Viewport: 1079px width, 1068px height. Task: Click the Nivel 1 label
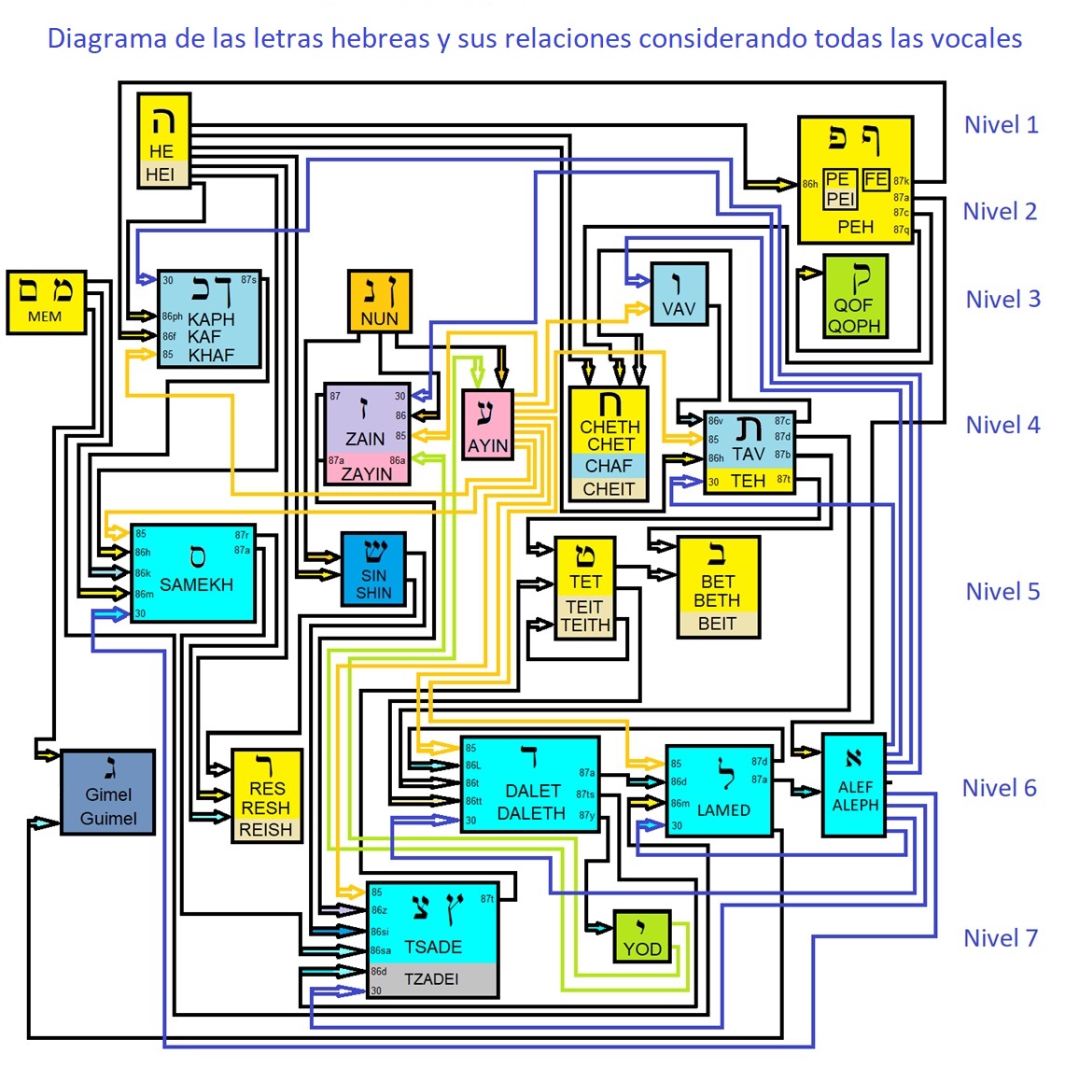[x=1001, y=125]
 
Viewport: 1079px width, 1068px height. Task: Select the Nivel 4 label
[x=1002, y=425]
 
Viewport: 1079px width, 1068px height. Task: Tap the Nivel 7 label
[x=1000, y=938]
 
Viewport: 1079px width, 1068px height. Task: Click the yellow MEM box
[x=46, y=302]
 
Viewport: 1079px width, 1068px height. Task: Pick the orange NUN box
[x=379, y=302]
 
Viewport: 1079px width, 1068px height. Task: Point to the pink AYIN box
[x=488, y=425]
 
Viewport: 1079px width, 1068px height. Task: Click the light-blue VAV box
[x=679, y=294]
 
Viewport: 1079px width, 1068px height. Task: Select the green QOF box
[x=855, y=296]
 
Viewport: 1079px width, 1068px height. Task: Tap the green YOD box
[x=642, y=936]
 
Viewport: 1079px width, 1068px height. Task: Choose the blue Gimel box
[x=108, y=793]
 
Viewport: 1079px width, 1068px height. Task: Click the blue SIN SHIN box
[x=373, y=569]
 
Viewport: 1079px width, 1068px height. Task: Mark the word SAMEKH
[x=196, y=585]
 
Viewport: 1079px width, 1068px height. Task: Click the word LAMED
[x=723, y=810]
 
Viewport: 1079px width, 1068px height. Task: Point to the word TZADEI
[x=431, y=979]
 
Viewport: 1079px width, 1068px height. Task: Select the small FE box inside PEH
[x=876, y=179]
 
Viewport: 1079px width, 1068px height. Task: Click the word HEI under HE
[x=161, y=175]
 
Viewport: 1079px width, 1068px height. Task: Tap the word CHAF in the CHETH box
[x=609, y=466]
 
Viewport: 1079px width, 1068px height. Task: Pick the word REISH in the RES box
[x=266, y=830]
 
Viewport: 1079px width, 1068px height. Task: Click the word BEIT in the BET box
[x=717, y=624]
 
